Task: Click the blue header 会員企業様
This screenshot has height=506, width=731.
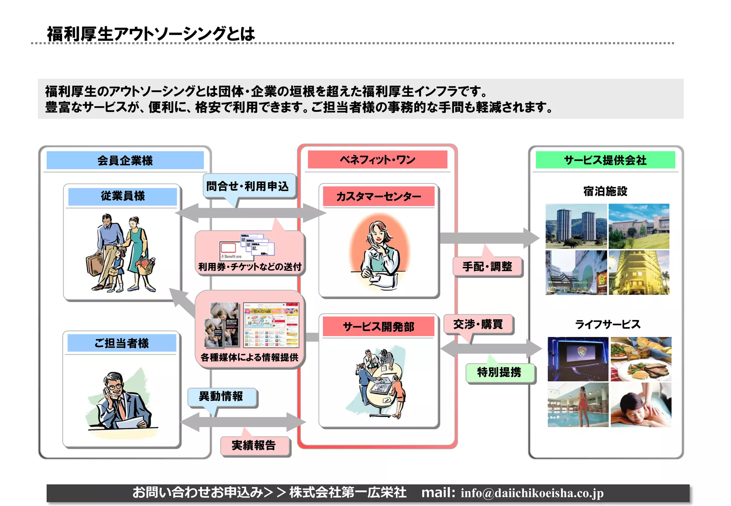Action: point(125,160)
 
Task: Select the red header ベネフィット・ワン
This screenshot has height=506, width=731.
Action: point(377,160)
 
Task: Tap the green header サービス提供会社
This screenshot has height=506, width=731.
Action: point(605,160)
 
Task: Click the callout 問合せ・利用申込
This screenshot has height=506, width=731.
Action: point(248,186)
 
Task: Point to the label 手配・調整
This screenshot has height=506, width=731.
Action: point(487,266)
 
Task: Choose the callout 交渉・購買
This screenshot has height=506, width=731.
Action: point(478,324)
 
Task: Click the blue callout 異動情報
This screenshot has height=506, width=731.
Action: point(221,396)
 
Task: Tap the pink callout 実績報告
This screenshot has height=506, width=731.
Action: point(254,445)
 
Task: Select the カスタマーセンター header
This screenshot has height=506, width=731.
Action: point(378,196)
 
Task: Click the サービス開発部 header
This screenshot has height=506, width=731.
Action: point(378,327)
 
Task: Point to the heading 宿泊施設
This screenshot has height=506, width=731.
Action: point(605,191)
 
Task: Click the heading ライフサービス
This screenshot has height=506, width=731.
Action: point(608,324)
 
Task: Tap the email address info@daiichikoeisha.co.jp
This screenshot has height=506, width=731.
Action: point(532,493)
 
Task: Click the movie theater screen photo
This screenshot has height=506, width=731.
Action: point(578,359)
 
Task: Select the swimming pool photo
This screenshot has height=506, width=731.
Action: point(578,405)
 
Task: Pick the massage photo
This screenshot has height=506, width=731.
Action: point(641,405)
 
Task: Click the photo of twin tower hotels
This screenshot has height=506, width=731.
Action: point(576,226)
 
